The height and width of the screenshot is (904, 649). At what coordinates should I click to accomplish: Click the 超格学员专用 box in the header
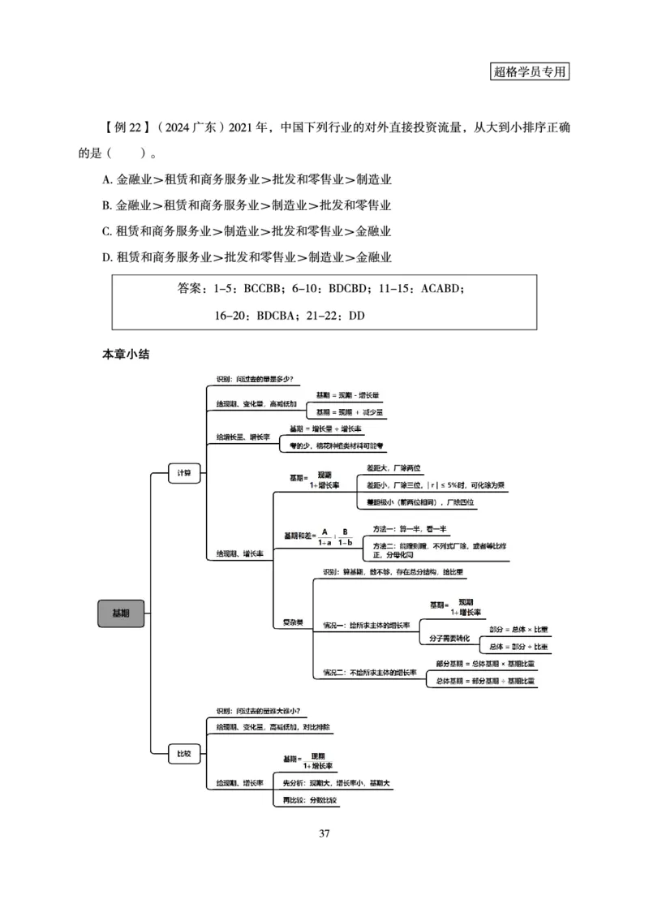click(530, 70)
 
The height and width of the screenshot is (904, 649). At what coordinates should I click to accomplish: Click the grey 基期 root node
click(121, 613)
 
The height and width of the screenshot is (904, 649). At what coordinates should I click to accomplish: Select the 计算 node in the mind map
click(184, 472)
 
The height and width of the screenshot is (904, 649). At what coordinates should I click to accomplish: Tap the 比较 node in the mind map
click(184, 754)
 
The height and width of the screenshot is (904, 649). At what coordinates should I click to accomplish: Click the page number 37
click(324, 833)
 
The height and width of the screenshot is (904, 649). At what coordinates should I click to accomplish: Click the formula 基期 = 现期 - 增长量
click(347, 394)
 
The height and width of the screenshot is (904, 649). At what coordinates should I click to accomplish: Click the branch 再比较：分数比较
click(309, 800)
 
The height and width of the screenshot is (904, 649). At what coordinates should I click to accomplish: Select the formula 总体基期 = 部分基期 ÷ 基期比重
click(485, 680)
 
